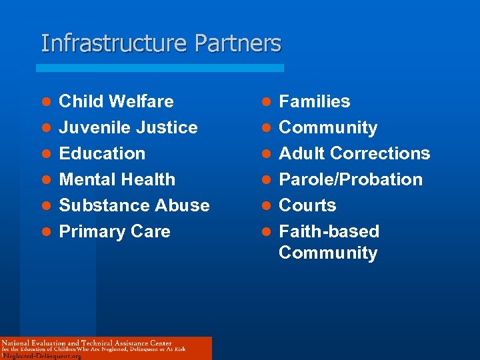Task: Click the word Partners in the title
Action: click(x=238, y=43)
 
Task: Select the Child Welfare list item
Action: click(x=116, y=101)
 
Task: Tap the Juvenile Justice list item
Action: click(x=128, y=127)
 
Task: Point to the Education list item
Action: click(x=102, y=153)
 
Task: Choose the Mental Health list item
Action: click(x=117, y=179)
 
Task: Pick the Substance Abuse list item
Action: click(x=134, y=205)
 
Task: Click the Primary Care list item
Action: click(x=115, y=231)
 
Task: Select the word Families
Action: click(x=314, y=101)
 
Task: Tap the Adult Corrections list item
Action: click(x=354, y=153)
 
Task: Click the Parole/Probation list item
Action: click(x=351, y=179)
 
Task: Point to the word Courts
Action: click(x=307, y=205)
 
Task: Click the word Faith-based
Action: click(x=329, y=231)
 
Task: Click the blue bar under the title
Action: click(x=160, y=68)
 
